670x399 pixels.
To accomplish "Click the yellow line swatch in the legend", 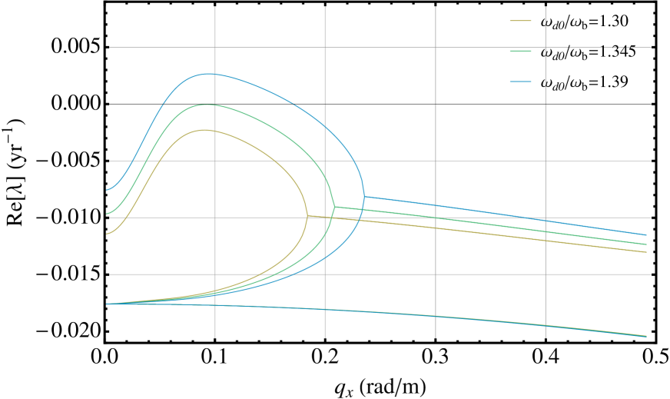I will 521,21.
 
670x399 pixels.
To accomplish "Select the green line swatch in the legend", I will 521,52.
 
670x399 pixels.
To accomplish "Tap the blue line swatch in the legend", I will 521,81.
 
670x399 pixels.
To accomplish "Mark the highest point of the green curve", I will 206,105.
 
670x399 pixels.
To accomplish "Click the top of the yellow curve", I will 205,130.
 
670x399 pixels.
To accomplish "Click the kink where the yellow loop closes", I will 307,216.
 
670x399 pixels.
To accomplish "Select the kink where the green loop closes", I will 334,207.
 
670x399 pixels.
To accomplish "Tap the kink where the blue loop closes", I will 364,196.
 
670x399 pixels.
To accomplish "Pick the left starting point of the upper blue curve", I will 107,190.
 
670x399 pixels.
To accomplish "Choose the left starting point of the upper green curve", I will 107,214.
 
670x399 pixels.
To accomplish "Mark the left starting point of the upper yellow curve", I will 107,234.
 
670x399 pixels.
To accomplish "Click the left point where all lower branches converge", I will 107,304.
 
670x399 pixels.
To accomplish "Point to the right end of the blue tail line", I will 646,235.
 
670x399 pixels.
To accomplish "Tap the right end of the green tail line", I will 646,244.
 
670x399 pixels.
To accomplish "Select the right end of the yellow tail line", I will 646,252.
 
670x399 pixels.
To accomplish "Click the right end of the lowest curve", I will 646,336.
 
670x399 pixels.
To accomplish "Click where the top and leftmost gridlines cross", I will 215,48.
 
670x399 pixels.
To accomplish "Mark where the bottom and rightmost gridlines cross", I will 546,274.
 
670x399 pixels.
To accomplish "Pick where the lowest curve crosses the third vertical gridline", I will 436,316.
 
